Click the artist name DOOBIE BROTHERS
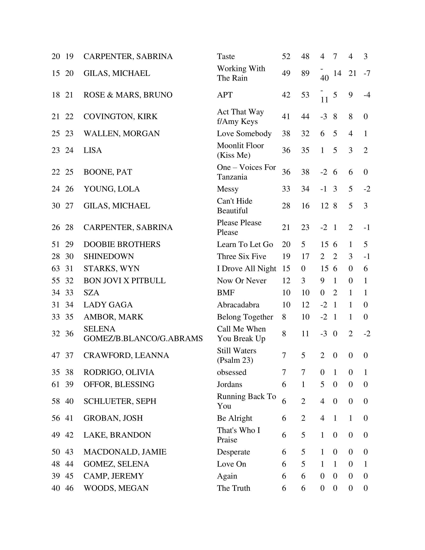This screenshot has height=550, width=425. (122, 244)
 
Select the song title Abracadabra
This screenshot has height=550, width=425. (238, 305)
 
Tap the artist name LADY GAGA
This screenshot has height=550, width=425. (108, 305)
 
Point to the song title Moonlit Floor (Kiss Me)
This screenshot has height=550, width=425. (240, 150)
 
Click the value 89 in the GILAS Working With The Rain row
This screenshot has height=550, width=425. (305, 73)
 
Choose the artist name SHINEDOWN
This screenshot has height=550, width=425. (109, 256)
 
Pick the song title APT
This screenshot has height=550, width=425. (224, 95)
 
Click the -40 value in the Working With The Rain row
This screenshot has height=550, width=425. (324, 73)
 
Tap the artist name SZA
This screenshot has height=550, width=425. (91, 293)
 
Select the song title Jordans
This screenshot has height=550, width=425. (229, 384)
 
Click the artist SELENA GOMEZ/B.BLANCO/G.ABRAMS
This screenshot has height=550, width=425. (143, 334)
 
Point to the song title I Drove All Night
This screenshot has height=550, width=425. (246, 268)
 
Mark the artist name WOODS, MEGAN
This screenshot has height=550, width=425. (116, 488)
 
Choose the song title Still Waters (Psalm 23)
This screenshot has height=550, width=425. (236, 355)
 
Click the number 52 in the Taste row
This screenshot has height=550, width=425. (286, 56)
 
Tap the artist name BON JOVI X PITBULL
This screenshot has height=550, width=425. (125, 280)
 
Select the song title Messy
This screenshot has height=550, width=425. (227, 189)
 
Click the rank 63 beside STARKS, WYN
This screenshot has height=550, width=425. (56, 268)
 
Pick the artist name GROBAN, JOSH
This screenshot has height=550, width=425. (113, 418)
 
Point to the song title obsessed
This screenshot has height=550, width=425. (232, 372)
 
